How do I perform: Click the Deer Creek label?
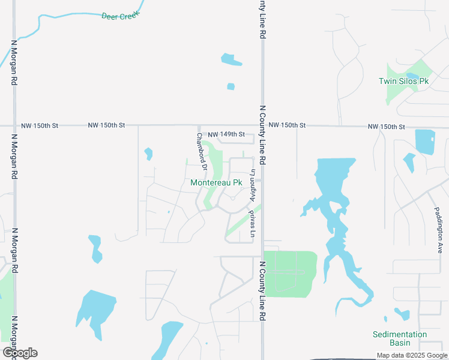(120, 16)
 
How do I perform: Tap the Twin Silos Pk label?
(403, 81)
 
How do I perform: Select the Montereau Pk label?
(216, 182)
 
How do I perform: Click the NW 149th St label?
(226, 134)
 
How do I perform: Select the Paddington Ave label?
(438, 230)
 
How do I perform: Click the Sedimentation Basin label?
(399, 338)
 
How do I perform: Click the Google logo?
(19, 353)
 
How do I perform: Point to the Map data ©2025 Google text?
(411, 355)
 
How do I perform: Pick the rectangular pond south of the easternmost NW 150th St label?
(425, 142)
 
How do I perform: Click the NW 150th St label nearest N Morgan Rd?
(40, 126)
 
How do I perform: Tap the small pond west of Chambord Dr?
(148, 154)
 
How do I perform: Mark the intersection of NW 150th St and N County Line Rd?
(262, 126)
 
